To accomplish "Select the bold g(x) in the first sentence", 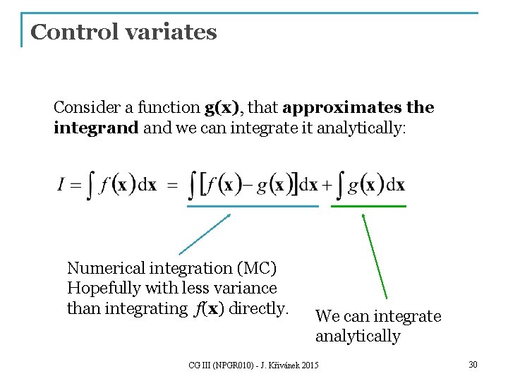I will click(x=222, y=107).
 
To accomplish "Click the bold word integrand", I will click(x=96, y=128).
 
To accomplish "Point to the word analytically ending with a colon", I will click(x=361, y=128).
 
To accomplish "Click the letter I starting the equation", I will click(x=61, y=186).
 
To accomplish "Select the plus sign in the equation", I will click(x=327, y=186).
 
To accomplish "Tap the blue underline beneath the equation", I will click(x=252, y=206).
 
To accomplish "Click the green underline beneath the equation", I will click(x=368, y=206).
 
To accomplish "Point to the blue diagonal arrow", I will click(x=205, y=234).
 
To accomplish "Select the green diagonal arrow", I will click(x=375, y=256).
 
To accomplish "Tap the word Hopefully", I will click(x=104, y=288).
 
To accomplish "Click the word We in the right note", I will click(x=327, y=316).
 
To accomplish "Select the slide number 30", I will click(x=473, y=364).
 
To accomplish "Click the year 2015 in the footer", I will click(x=309, y=365).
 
